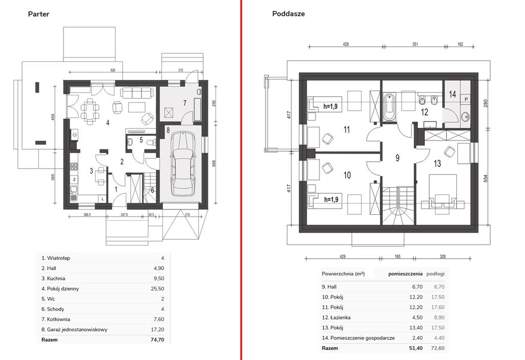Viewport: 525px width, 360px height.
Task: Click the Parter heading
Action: [x=38, y=14]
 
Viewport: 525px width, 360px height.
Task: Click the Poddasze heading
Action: [x=288, y=14]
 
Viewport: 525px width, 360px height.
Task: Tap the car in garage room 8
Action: [x=183, y=164]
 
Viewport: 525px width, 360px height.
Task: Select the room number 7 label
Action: [x=185, y=103]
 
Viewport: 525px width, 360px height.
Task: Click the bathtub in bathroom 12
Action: [x=389, y=107]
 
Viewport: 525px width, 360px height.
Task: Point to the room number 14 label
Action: [x=452, y=94]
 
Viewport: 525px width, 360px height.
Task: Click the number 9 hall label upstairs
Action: [x=397, y=158]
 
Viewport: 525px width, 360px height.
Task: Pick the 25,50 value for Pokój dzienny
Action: [x=157, y=289]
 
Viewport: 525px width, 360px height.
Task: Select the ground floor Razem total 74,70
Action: [x=157, y=339]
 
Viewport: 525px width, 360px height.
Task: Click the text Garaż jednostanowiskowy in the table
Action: [x=77, y=330]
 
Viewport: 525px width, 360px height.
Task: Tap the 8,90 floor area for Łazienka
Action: [x=439, y=317]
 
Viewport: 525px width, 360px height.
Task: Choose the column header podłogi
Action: [x=435, y=274]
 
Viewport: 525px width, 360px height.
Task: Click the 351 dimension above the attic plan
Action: [x=415, y=44]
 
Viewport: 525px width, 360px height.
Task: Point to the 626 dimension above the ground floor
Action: [x=113, y=70]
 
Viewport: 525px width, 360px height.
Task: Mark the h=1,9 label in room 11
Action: [x=331, y=107]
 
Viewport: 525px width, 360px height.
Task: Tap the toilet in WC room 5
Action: [x=153, y=142]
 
